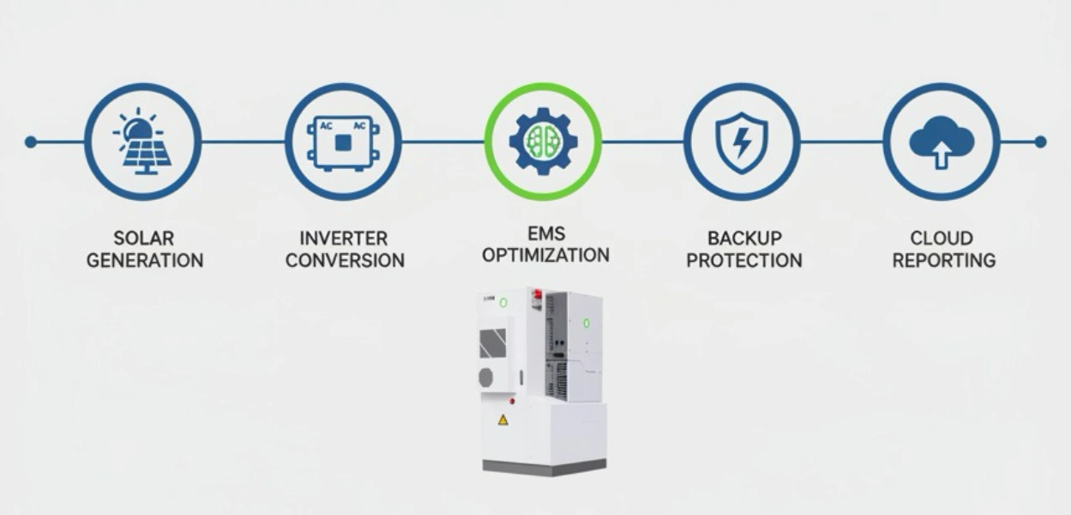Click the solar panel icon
click(142, 141)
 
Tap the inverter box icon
click(343, 143)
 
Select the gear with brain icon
click(543, 141)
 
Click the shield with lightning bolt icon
click(742, 142)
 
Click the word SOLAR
click(144, 239)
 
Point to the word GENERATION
click(145, 261)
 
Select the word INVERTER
click(343, 239)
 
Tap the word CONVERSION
click(345, 261)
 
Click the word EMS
click(546, 233)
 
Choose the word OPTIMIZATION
click(545, 255)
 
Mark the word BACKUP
click(744, 239)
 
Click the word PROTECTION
click(744, 261)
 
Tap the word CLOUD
click(942, 239)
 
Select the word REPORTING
click(944, 261)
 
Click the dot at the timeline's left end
click(31, 142)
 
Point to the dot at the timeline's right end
click(1040, 142)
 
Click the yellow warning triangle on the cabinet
click(503, 421)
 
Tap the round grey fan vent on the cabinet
click(486, 378)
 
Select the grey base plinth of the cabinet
click(545, 467)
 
